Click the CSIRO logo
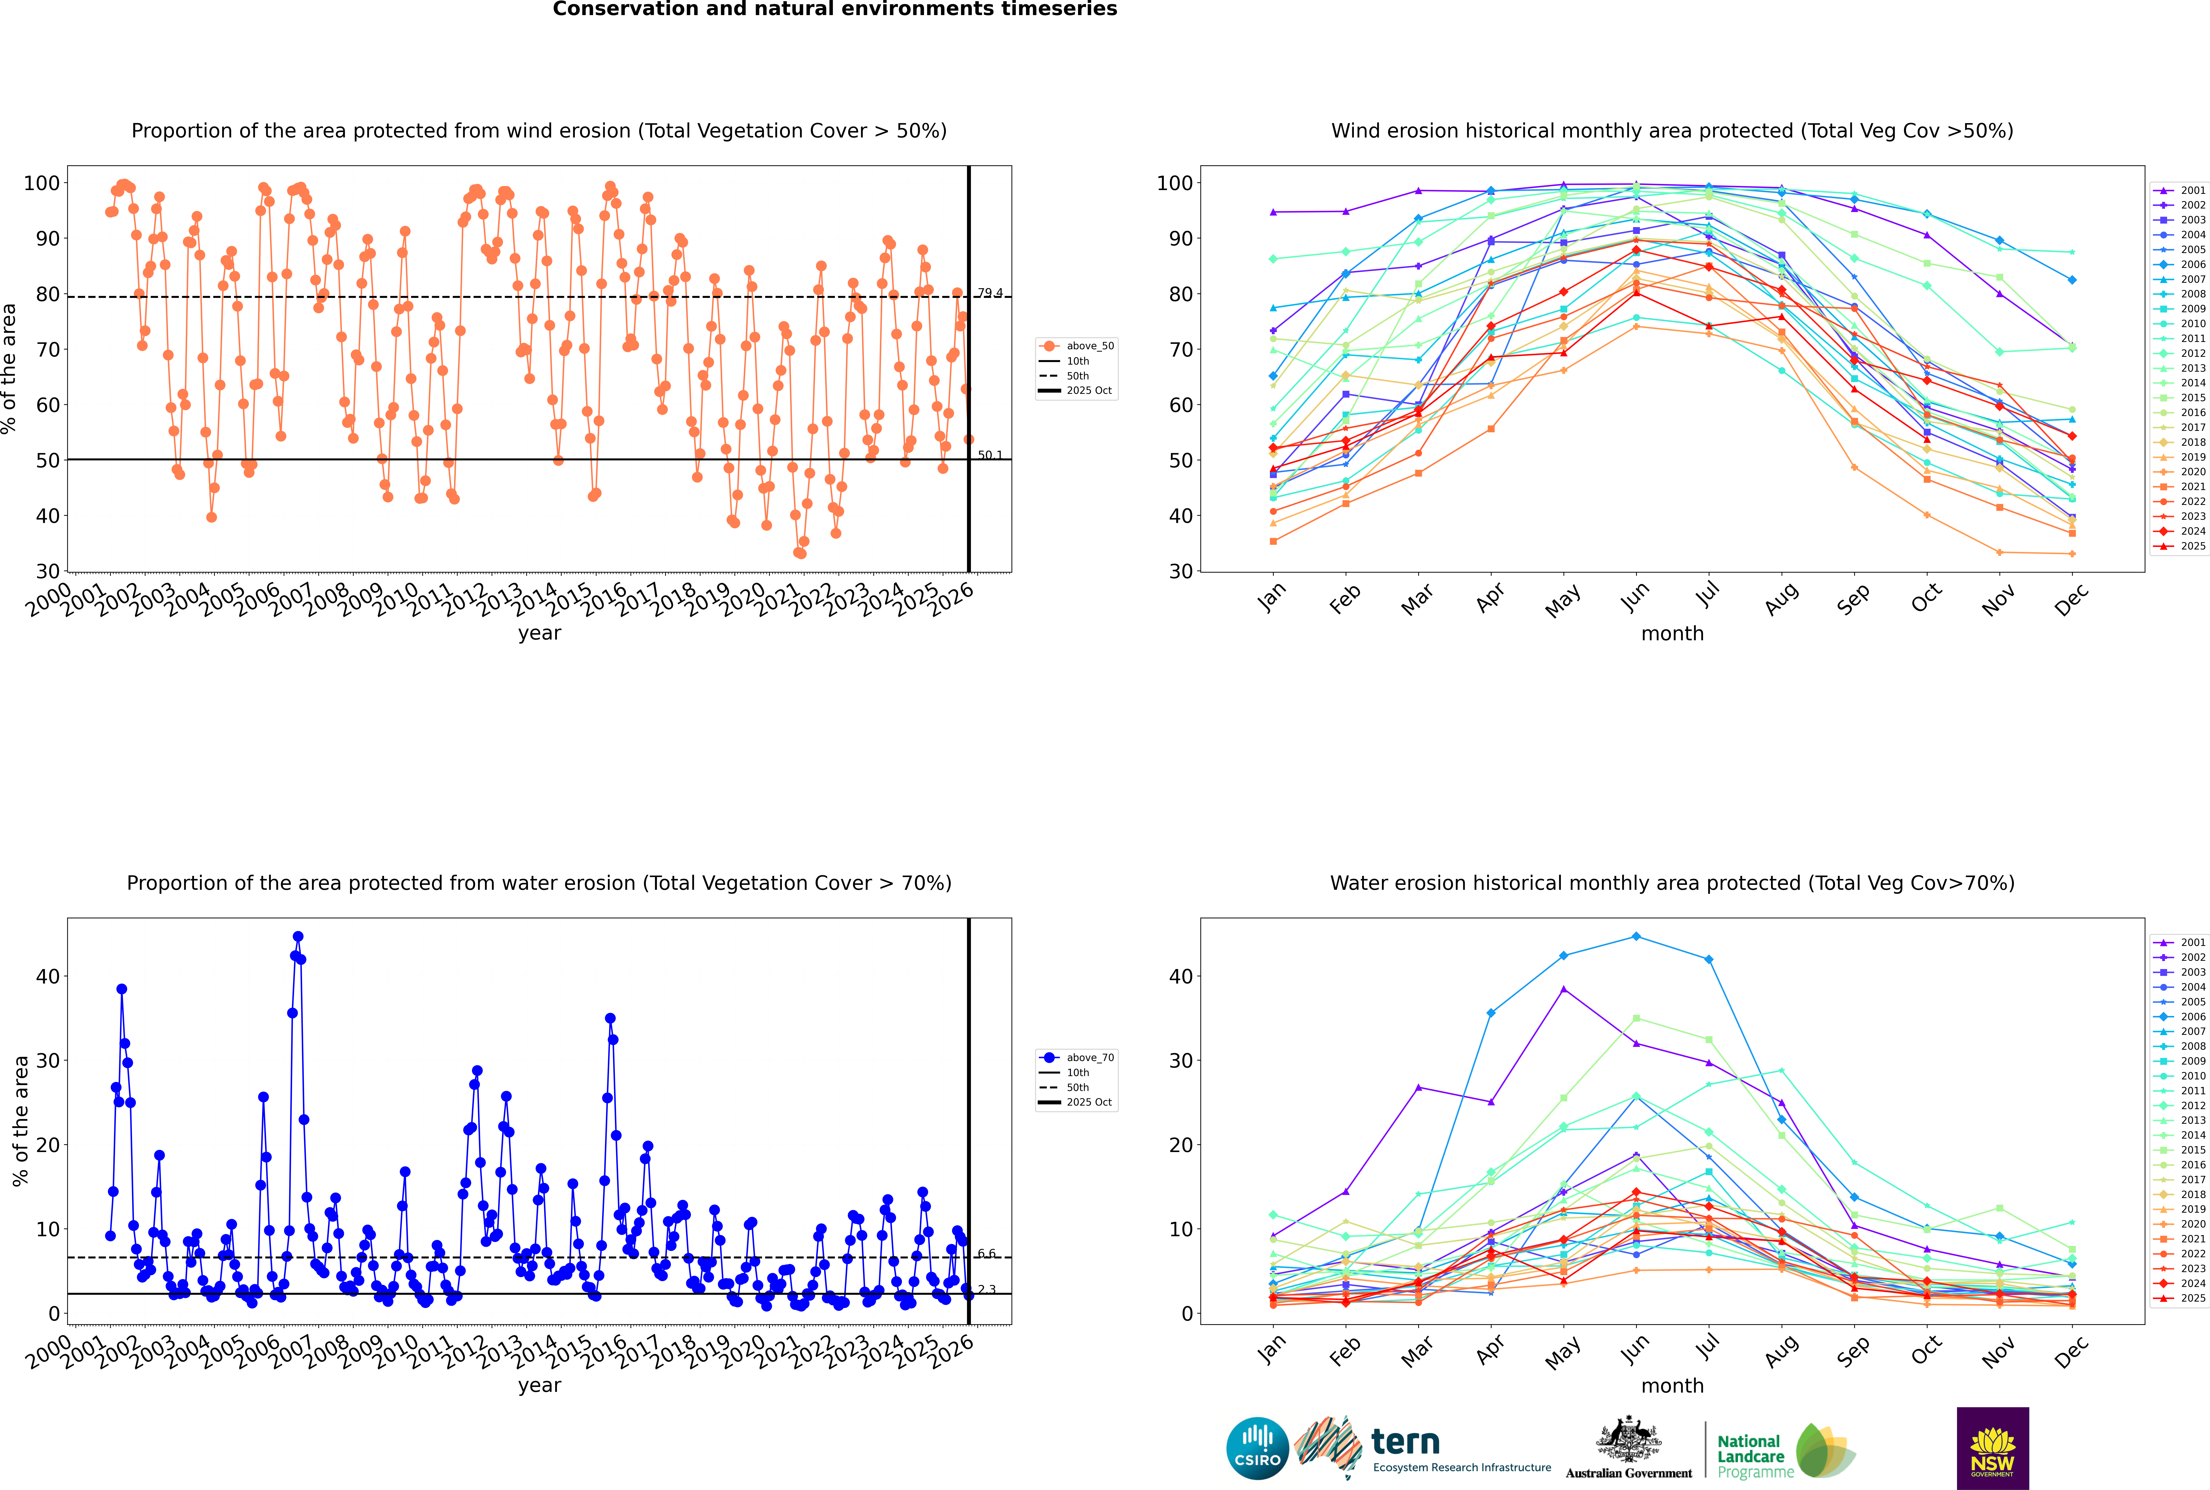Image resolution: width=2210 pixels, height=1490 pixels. pos(1257,1448)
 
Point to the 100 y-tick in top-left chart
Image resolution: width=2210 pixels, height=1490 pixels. pos(42,183)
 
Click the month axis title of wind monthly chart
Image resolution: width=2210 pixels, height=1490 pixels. pos(1672,634)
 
